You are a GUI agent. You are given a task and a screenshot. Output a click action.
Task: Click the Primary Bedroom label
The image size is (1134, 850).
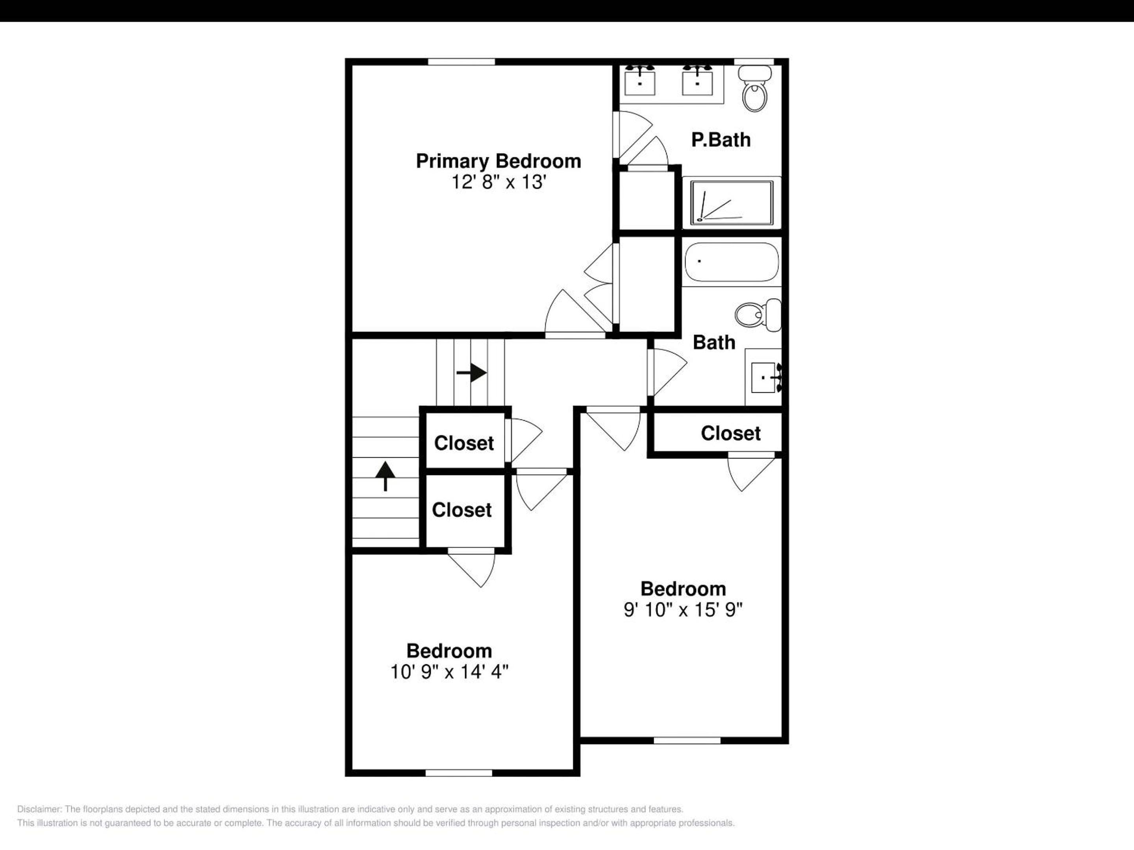[x=498, y=161]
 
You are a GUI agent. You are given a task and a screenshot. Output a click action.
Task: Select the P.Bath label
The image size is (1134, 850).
[x=721, y=140]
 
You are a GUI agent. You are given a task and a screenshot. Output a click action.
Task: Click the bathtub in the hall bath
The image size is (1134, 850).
[x=732, y=262]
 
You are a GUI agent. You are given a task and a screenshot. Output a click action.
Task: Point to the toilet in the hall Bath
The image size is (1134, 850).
[x=758, y=314]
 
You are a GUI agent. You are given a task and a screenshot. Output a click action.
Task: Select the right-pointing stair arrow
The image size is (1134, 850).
[x=471, y=373]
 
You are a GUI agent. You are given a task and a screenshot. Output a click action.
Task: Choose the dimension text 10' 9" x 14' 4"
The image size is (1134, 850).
[x=449, y=672]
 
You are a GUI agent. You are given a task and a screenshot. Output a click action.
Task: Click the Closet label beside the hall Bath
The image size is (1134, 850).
[x=730, y=433]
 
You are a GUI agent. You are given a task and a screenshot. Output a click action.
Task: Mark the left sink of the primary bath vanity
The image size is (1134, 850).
[x=640, y=81]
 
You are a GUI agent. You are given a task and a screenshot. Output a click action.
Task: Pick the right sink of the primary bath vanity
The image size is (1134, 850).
[x=697, y=81]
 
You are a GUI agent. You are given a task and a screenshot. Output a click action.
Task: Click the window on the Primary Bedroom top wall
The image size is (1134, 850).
[x=461, y=62]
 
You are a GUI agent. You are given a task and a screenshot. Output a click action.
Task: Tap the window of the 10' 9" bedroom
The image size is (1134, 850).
[x=459, y=772]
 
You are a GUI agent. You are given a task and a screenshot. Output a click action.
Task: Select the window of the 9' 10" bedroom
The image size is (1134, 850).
[x=687, y=740]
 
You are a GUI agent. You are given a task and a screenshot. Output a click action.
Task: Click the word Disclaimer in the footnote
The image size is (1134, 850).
[x=39, y=809]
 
